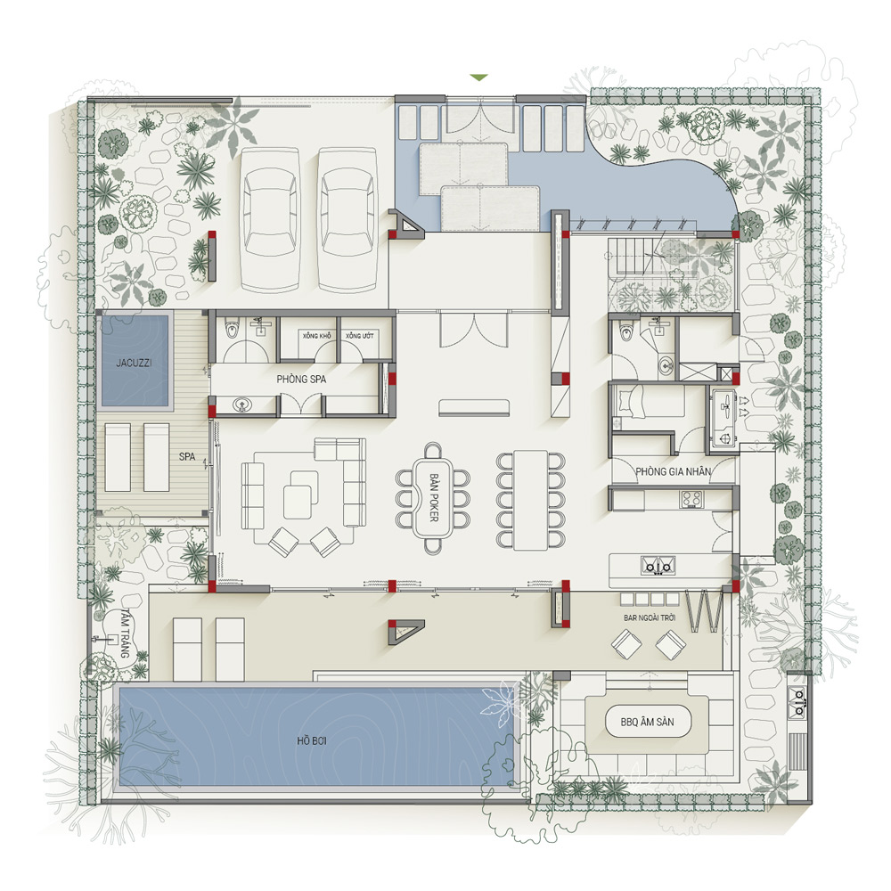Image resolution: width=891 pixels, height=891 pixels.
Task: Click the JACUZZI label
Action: (x=134, y=363)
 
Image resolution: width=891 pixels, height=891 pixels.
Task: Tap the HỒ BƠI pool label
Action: (x=311, y=740)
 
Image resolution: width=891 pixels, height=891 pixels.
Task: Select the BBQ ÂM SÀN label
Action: (x=647, y=723)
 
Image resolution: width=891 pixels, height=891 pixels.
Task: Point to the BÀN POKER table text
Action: (x=434, y=498)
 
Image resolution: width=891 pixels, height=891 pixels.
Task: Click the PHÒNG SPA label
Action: (x=301, y=379)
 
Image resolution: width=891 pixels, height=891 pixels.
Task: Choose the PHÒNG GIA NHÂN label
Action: (x=673, y=471)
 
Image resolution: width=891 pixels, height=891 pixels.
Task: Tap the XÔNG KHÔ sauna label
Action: (x=316, y=336)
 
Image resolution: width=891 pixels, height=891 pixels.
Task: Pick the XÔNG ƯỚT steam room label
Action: (x=360, y=336)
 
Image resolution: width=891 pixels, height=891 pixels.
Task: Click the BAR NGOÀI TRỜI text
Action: (x=650, y=617)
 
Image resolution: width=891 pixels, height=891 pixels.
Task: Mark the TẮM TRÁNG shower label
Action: (x=125, y=634)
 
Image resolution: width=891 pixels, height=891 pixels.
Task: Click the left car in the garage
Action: (x=270, y=220)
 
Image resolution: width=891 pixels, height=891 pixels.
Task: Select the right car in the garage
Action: (x=347, y=220)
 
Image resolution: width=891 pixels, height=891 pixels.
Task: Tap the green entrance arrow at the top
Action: (x=479, y=78)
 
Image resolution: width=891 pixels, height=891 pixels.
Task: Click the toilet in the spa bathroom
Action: (x=232, y=329)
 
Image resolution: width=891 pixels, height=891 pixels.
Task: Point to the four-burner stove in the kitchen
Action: (x=691, y=499)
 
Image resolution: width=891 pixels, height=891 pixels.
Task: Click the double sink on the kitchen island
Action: (x=658, y=566)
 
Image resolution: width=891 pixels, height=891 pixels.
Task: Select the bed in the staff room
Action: (x=649, y=401)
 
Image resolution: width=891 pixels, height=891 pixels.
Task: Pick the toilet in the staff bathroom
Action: (x=626, y=330)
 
